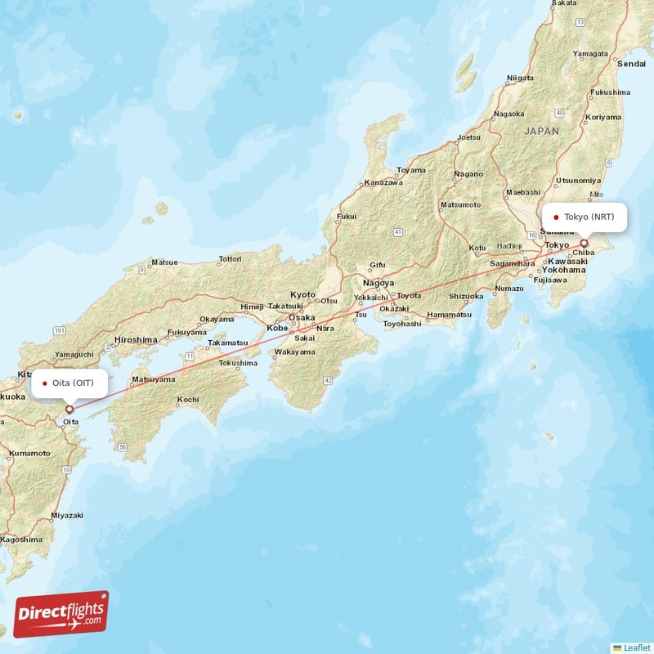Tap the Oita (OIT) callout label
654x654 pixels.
[x=69, y=383]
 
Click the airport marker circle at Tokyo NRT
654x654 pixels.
[x=585, y=243]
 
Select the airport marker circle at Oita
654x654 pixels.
[x=69, y=409]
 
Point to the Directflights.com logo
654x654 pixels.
[x=61, y=613]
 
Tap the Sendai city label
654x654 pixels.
[x=631, y=63]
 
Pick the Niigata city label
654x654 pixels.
[x=520, y=78]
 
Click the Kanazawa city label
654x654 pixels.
[x=384, y=182]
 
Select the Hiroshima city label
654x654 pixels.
[x=136, y=339]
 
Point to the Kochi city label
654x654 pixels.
[x=187, y=400]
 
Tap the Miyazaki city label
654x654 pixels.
[x=67, y=516]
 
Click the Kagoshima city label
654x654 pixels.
[x=21, y=540]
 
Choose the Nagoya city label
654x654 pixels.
[x=379, y=283]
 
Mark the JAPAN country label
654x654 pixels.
[x=542, y=131]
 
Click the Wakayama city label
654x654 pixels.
[x=294, y=352]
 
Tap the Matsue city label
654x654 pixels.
[x=163, y=262]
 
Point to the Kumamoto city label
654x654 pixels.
[x=30, y=452]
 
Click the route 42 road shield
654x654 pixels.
[x=327, y=380]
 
